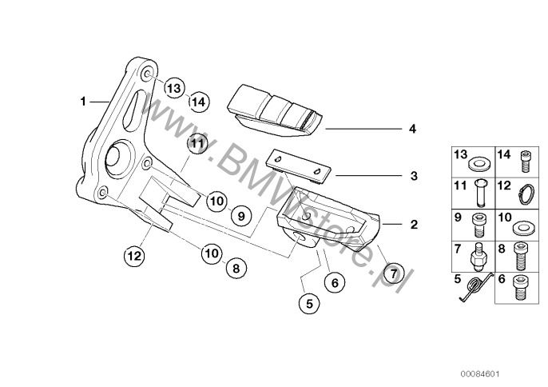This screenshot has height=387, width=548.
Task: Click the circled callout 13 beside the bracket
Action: point(175,88)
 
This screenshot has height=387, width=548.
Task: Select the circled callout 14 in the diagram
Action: point(198,102)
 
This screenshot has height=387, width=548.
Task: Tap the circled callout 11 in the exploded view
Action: point(197,143)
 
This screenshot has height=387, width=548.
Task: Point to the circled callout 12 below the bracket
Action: point(134,256)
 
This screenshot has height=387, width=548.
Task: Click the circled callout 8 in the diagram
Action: point(235,269)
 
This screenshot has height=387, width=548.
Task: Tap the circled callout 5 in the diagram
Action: point(309,303)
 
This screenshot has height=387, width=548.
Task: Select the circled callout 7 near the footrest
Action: point(392,273)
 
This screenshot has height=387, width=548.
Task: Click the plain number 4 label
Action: point(412,128)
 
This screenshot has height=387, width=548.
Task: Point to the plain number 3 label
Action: point(413,176)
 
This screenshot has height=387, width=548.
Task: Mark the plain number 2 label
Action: point(413,225)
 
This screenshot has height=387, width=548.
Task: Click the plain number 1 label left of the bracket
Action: point(82,102)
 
